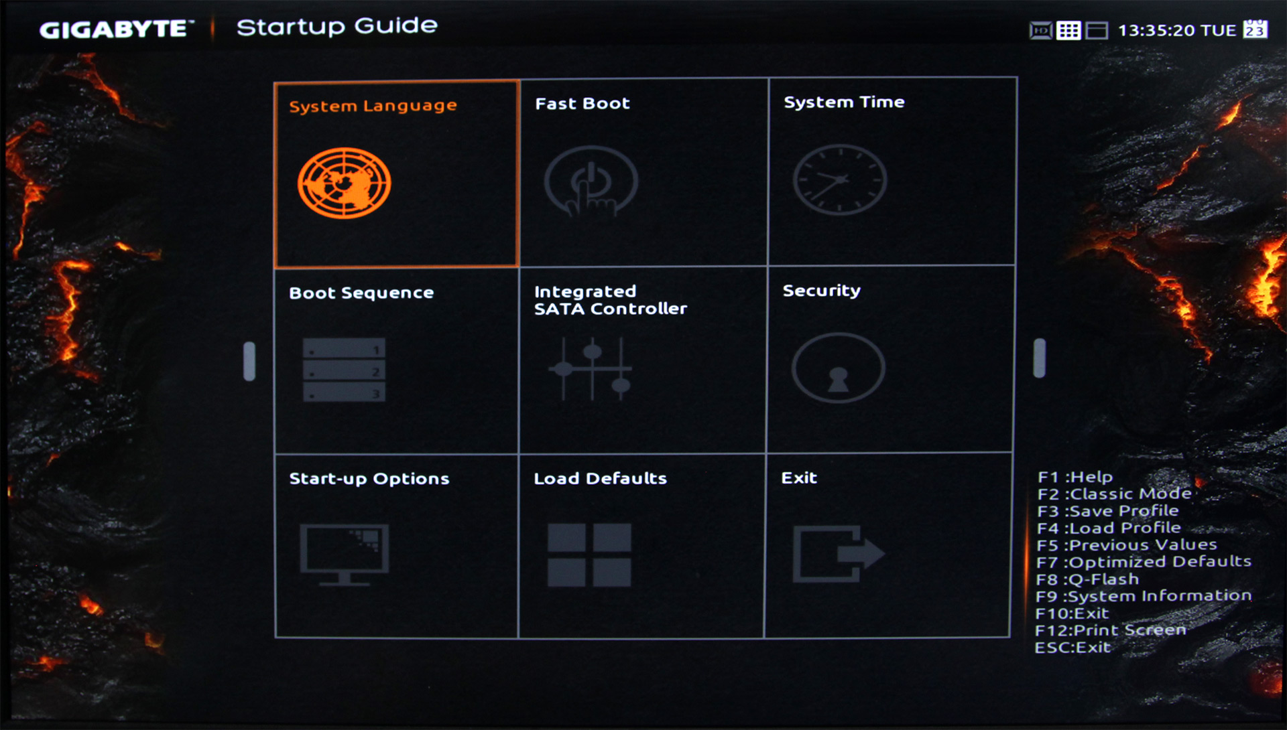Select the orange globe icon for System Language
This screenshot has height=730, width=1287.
tap(345, 183)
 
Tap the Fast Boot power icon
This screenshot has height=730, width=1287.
tap(591, 181)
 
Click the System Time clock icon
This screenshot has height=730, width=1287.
tap(840, 179)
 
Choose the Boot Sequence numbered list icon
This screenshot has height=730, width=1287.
tap(344, 369)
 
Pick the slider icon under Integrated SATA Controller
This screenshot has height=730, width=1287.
tap(591, 368)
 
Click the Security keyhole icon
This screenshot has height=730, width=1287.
tap(838, 368)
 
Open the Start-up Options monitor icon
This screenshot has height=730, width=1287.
tap(344, 555)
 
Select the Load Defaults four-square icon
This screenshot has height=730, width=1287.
tap(589, 555)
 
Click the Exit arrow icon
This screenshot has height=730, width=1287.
tap(839, 553)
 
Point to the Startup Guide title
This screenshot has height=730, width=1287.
tap(337, 27)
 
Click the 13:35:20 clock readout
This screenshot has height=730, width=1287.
tap(1157, 30)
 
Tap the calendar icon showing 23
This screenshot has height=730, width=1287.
tap(1255, 29)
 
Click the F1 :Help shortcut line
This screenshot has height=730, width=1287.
tap(1075, 477)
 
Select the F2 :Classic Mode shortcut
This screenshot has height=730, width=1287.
tap(1114, 494)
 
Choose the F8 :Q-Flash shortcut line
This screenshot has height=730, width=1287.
tap(1087, 579)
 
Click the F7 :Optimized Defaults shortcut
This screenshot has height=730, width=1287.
tap(1144, 561)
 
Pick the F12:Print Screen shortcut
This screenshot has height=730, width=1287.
tap(1111, 630)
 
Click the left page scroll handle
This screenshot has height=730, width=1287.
tap(249, 362)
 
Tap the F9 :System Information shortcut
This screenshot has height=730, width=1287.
tap(1144, 595)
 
